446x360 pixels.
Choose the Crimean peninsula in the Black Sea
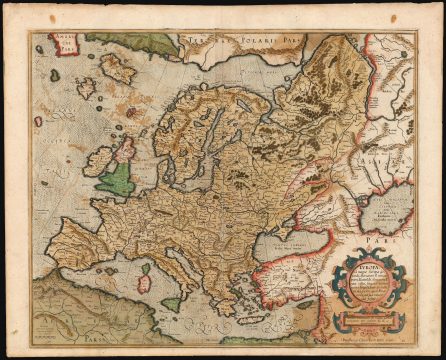point(283,229)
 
